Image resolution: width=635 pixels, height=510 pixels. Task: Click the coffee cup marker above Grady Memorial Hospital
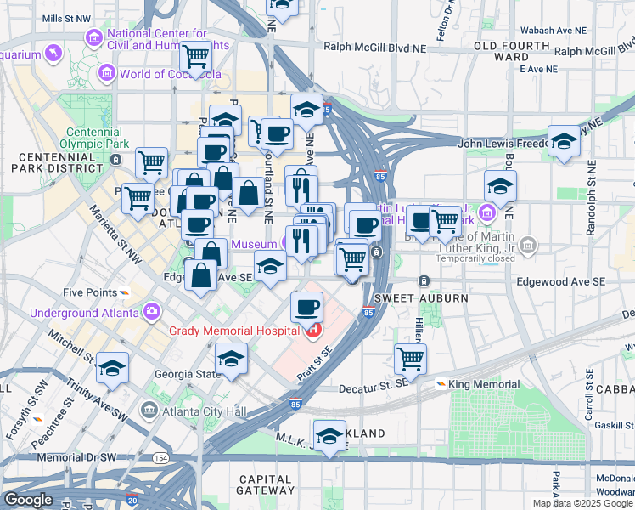tap(306, 307)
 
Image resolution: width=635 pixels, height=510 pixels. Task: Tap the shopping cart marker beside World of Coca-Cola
tap(196, 57)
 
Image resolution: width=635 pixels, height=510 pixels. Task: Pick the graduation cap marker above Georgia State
tap(231, 358)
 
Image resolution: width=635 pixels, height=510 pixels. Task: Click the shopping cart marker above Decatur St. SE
tap(411, 358)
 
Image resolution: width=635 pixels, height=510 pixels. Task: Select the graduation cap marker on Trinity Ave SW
tap(112, 367)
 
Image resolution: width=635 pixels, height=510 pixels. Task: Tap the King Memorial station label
tap(482, 384)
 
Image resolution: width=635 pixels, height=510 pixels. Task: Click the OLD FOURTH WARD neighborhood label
tap(512, 50)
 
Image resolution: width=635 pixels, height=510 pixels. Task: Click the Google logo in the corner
tap(28, 500)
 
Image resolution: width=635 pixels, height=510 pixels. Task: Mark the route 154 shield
tap(160, 457)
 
